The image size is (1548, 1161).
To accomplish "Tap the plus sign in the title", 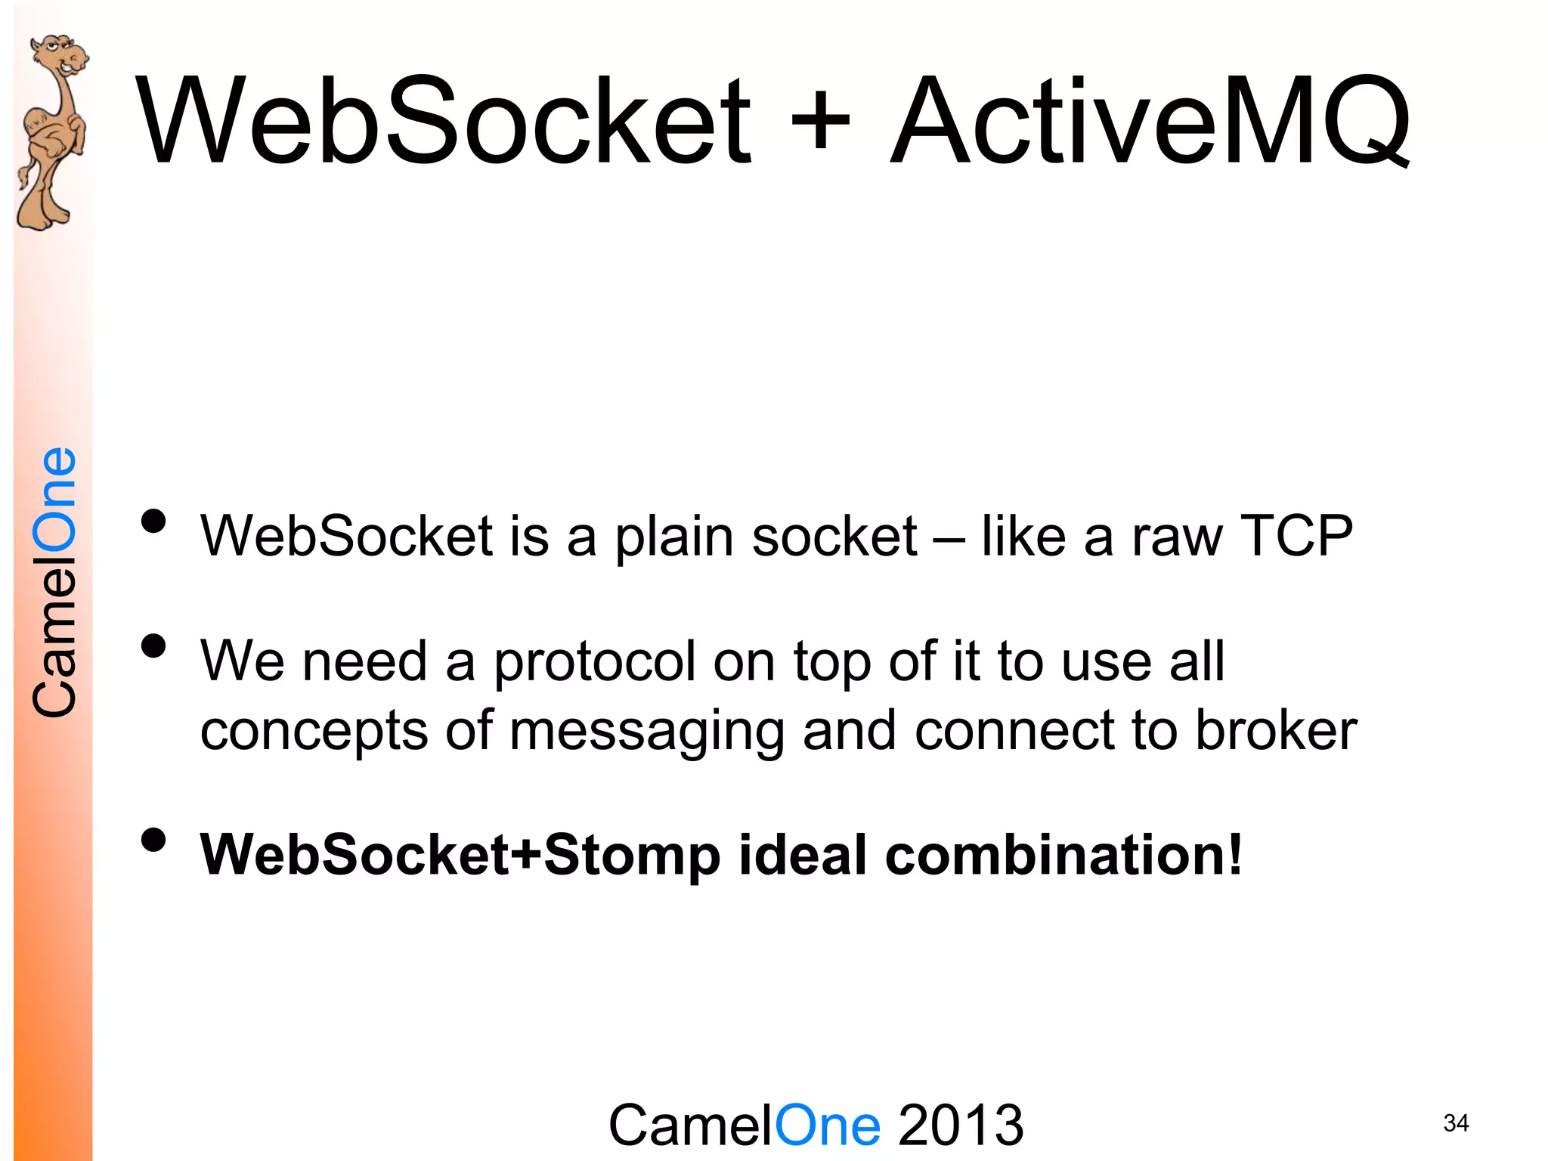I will coord(820,121).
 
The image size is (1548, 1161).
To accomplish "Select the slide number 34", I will coord(1456,1123).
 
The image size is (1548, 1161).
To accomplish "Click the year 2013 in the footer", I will coord(961,1125).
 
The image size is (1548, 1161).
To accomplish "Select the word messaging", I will coord(646,732).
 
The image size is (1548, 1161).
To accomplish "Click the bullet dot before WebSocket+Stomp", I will coord(153,839).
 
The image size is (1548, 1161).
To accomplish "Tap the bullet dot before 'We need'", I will coord(153,646).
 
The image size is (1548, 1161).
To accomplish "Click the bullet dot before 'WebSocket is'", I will coord(153,521).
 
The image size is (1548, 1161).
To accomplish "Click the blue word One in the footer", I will coord(827,1125).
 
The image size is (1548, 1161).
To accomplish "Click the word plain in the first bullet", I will coord(673,537).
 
